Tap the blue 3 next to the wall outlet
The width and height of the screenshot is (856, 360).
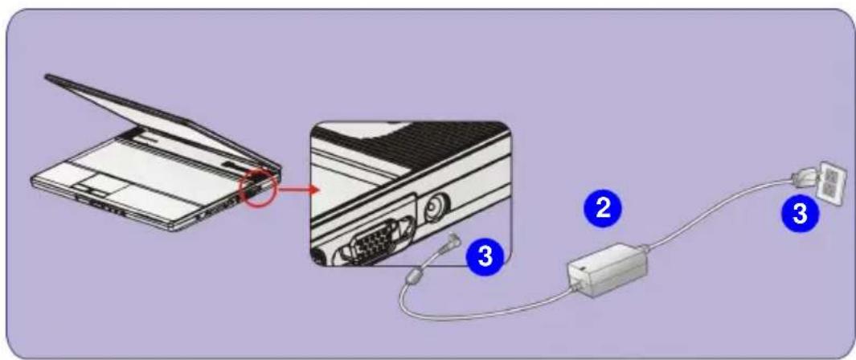pyautogui.click(x=801, y=214)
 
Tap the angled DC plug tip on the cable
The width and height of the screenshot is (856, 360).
pyautogui.click(x=452, y=239)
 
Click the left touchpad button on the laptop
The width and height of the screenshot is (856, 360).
pyautogui.click(x=84, y=188)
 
